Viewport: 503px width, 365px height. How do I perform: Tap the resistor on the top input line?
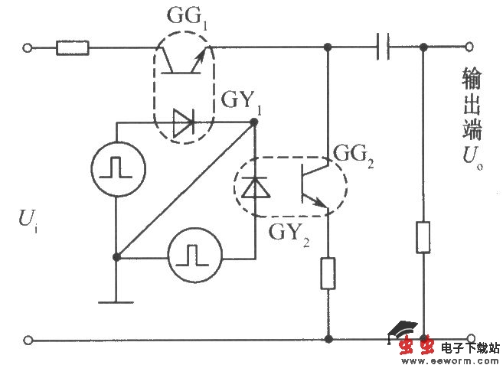(73, 49)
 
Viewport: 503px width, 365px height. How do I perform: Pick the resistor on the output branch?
(423, 237)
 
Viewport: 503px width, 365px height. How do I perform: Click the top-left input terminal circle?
(28, 49)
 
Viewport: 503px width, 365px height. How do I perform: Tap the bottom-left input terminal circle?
(28, 339)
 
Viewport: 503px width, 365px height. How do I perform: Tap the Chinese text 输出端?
(472, 103)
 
